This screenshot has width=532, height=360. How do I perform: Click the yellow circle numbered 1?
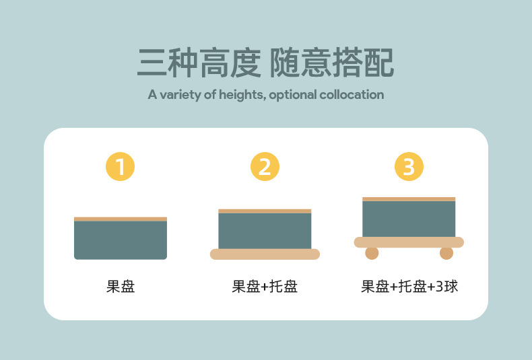[121, 167]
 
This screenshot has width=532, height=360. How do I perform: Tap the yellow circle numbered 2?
[265, 167]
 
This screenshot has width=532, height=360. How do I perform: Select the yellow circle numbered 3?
[409, 167]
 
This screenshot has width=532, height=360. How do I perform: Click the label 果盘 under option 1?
[121, 287]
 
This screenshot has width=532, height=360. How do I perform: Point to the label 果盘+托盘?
[265, 287]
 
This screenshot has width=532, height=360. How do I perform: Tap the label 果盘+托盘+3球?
[409, 287]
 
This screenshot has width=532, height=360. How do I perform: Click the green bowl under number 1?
[121, 240]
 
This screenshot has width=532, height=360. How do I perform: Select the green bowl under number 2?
[265, 231]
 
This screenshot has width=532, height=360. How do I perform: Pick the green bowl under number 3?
[409, 219]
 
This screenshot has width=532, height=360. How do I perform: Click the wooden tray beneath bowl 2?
[265, 254]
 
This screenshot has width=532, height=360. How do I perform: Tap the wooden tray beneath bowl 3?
[409, 242]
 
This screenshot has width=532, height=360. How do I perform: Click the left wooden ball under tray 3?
[372, 253]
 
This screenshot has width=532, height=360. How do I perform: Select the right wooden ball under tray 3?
[446, 253]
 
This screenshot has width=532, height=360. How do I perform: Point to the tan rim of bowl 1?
[121, 219]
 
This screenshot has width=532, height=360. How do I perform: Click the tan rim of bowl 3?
[409, 199]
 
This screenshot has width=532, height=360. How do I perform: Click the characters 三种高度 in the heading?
[198, 63]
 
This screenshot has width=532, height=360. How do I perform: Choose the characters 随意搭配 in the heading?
[332, 63]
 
